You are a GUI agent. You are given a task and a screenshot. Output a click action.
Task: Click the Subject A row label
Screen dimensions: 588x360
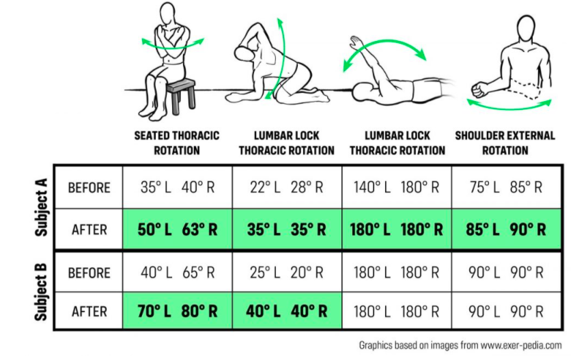[41, 207]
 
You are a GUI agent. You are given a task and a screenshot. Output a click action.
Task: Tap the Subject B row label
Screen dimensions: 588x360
[41, 292]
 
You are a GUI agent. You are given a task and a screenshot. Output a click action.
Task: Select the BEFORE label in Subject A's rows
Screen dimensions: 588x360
[89, 187]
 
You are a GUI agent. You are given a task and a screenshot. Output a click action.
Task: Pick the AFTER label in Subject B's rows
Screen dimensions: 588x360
[89, 311]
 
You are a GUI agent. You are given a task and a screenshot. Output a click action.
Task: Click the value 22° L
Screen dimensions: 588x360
[265, 187]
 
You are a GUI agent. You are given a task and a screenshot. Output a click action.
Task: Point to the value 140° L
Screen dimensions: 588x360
[372, 187]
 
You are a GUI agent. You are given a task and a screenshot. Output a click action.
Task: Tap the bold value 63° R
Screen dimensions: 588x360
[199, 230]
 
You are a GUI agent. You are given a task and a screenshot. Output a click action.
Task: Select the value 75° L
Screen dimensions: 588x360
[484, 187]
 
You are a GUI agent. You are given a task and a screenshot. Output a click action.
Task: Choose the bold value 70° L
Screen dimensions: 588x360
[154, 311]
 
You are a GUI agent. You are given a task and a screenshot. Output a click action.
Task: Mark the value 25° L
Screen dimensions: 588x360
[265, 273]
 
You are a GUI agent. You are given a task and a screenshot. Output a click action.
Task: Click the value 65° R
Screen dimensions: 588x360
[198, 273]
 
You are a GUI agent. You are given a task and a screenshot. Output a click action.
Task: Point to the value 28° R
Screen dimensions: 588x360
[307, 187]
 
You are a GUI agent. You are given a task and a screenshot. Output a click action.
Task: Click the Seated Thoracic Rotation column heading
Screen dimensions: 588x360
[177, 143]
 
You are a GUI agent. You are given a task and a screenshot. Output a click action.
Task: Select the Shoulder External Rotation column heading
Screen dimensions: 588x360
[505, 143]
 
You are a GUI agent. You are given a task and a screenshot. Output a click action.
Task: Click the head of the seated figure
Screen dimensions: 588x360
[167, 14]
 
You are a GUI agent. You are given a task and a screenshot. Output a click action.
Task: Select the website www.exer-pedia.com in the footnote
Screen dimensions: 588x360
[521, 345]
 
